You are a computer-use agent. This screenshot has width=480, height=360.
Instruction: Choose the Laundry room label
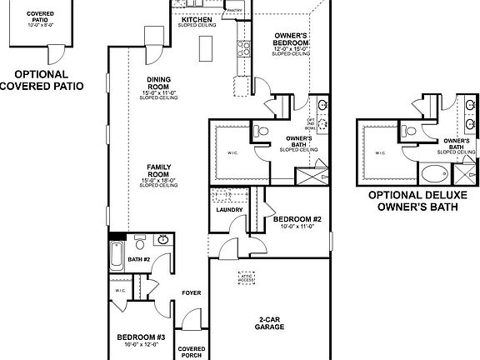tap(228, 209)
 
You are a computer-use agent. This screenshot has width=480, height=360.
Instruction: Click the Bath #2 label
tap(138, 259)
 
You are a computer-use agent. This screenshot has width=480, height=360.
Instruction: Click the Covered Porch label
tap(192, 352)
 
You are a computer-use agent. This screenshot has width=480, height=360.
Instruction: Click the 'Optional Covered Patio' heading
tap(42, 80)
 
